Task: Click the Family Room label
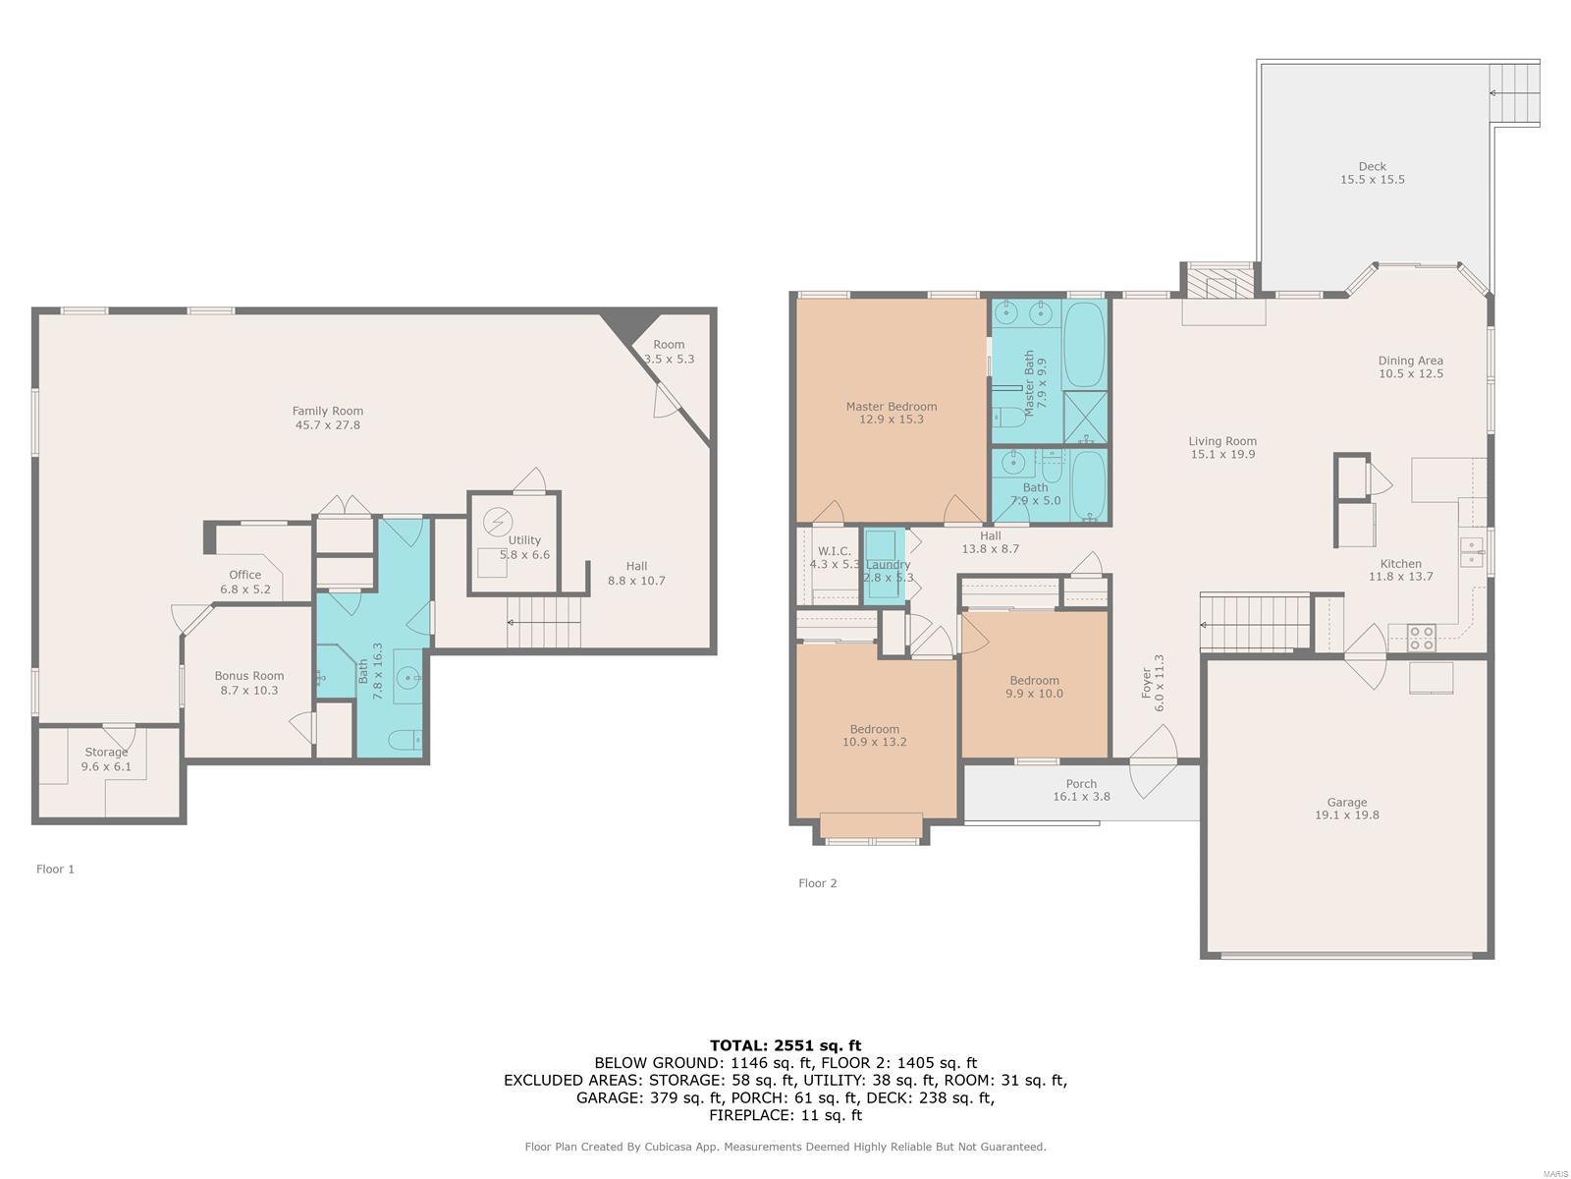click(x=327, y=411)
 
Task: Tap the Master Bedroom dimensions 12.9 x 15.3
click(x=892, y=420)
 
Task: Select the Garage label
click(x=1346, y=803)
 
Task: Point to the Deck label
click(x=1372, y=166)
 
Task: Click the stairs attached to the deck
click(x=1514, y=93)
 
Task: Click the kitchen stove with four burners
click(x=1421, y=638)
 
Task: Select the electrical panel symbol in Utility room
click(x=498, y=522)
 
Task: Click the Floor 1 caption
click(x=55, y=870)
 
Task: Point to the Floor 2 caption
click(x=817, y=883)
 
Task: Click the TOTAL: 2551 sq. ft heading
click(x=785, y=1045)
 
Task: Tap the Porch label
click(x=1081, y=784)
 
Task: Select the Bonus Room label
click(x=249, y=676)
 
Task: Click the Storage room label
click(x=106, y=753)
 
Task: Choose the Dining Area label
click(x=1411, y=361)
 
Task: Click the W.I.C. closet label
click(x=834, y=551)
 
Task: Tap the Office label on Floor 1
click(x=244, y=575)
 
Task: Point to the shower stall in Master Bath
click(x=1085, y=417)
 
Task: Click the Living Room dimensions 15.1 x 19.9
click(x=1222, y=455)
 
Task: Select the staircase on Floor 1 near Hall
click(x=543, y=622)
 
